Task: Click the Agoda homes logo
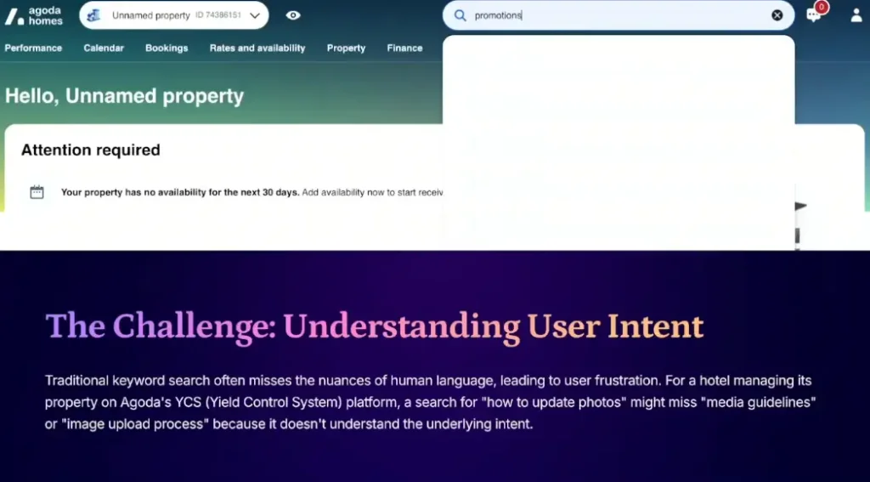tap(33, 16)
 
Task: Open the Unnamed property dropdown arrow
tap(255, 15)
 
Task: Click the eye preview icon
tap(293, 15)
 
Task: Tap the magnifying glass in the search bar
tap(460, 15)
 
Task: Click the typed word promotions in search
tap(498, 15)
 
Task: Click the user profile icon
tap(856, 15)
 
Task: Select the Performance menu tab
tap(33, 48)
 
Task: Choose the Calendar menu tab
tap(104, 48)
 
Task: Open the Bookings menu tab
tap(167, 48)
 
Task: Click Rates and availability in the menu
tap(257, 48)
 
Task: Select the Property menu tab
tap(347, 48)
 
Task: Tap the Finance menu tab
tap(404, 48)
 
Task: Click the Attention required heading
tap(90, 150)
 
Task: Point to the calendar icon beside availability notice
tap(37, 192)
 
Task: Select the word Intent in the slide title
tap(655, 326)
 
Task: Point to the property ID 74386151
tap(218, 15)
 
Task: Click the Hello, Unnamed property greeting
tap(124, 96)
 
